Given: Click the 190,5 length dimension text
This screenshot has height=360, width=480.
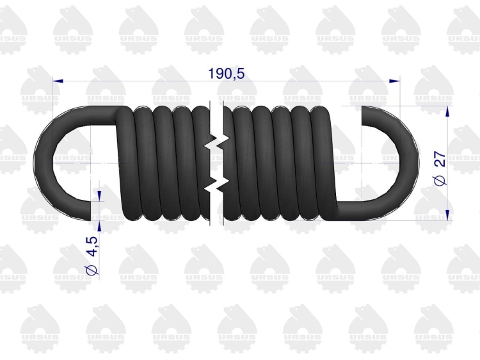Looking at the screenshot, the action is point(226,74).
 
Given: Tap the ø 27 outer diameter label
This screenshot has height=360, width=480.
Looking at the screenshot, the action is point(440,168).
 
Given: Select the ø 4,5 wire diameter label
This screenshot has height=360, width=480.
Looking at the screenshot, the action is point(92,255).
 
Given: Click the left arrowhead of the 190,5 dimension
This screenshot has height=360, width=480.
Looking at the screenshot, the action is point(58,81).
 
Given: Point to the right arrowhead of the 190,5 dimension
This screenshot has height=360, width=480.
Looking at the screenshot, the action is point(394,81).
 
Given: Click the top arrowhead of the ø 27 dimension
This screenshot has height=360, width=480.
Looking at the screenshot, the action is point(447,111).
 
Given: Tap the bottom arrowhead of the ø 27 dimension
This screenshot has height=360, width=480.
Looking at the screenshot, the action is point(447,215).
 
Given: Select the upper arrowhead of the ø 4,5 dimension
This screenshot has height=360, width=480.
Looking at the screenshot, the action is point(99,196).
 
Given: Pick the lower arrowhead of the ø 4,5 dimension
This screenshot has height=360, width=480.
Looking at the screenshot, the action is point(99,226).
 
